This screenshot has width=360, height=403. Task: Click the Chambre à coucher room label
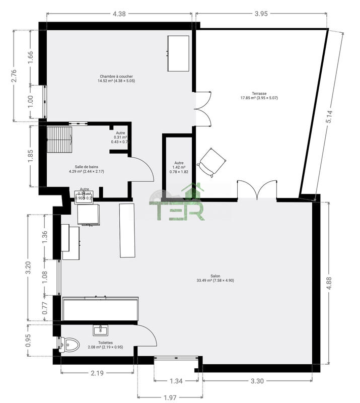[x=116, y=79]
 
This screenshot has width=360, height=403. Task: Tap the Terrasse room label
[x=259, y=96]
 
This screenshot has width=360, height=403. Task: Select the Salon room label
[x=215, y=278]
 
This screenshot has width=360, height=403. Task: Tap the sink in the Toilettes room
[x=101, y=330]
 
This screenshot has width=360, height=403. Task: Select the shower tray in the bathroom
[x=60, y=139]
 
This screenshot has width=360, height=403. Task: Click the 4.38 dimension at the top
[x=119, y=14]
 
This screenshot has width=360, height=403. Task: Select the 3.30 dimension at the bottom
[x=257, y=381]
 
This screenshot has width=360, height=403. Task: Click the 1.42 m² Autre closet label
[x=179, y=167]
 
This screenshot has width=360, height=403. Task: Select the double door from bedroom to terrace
[x=203, y=109]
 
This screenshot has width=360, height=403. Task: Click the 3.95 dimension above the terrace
[x=261, y=14]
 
